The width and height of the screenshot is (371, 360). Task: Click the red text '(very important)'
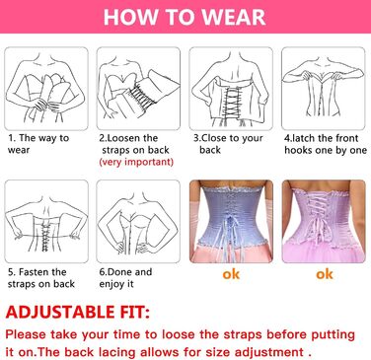tap(136, 162)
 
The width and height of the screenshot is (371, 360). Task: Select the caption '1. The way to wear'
tap(38, 144)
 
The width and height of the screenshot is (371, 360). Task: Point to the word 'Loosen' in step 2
tap(123, 138)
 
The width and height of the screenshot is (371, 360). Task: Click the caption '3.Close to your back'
tap(228, 144)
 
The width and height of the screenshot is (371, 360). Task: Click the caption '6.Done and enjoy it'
tap(125, 278)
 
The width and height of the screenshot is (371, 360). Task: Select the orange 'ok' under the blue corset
tap(231, 274)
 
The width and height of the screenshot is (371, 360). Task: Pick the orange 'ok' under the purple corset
tap(325, 274)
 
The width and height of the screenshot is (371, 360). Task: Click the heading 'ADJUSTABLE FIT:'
tap(78, 312)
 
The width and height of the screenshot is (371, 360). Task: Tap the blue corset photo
tap(231, 221)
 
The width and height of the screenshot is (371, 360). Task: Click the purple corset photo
tap(324, 221)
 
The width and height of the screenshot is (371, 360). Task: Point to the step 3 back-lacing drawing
tap(231, 89)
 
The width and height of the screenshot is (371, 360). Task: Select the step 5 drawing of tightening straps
tap(46, 221)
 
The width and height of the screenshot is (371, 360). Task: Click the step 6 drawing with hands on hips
tap(138, 221)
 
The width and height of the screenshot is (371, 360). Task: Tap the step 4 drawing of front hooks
tap(324, 89)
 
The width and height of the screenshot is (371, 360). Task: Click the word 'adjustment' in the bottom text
tap(269, 352)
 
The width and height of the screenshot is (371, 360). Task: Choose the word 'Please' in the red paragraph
tap(26, 334)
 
